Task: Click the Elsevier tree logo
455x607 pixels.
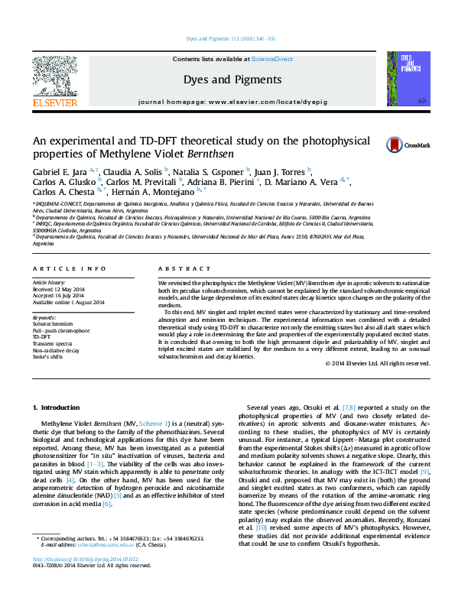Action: coord(54,75)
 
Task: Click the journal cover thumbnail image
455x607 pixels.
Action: coord(402,79)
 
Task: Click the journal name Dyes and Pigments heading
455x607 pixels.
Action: coord(232,80)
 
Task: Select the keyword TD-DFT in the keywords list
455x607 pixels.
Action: coord(42,336)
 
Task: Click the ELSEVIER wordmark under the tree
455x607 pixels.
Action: coord(54,102)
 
